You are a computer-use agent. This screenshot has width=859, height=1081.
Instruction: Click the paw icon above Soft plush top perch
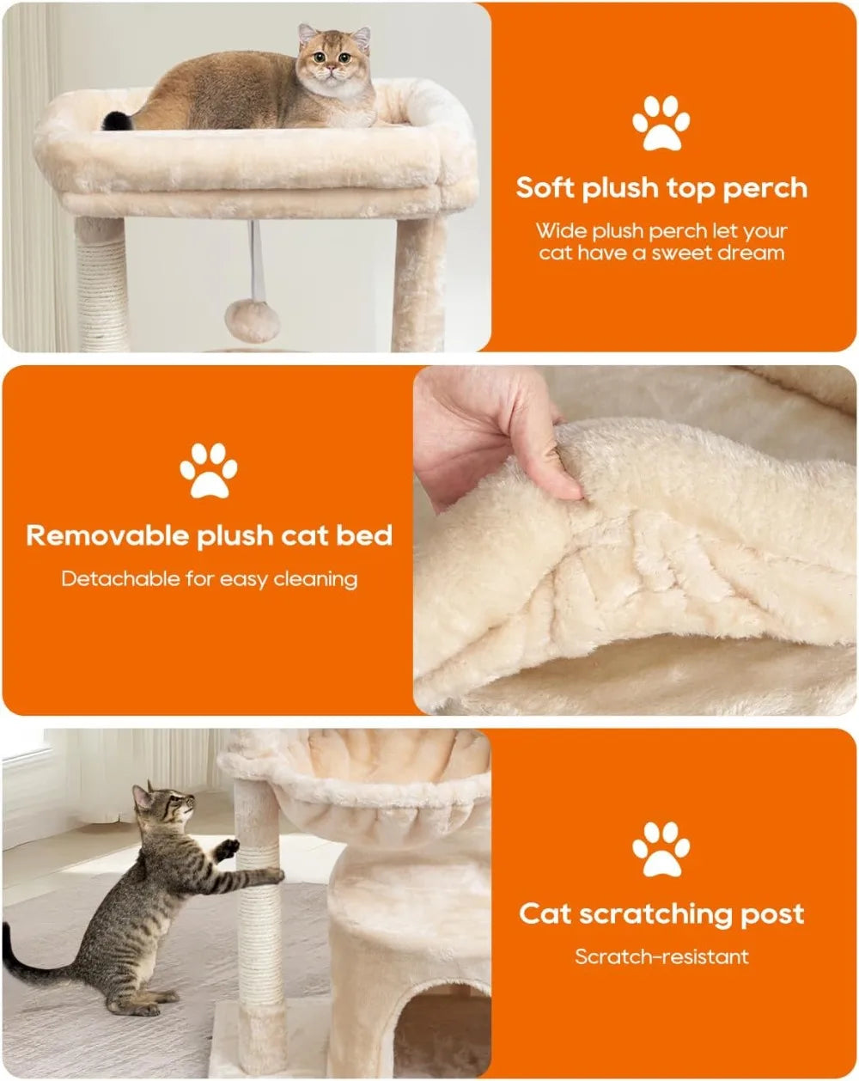coord(661,124)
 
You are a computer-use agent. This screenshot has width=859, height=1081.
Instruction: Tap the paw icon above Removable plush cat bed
coord(209,470)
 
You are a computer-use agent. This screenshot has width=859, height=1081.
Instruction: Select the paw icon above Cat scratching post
coord(661,849)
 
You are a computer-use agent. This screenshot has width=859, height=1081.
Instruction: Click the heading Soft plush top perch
coord(661,188)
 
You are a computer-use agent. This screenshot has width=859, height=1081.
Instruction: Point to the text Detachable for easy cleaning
coord(209,579)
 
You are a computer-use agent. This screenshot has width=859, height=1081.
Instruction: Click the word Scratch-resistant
coord(661,956)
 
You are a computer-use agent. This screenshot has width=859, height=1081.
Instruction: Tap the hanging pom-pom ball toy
coord(252,320)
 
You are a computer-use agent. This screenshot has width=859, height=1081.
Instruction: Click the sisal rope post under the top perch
coord(101,288)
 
